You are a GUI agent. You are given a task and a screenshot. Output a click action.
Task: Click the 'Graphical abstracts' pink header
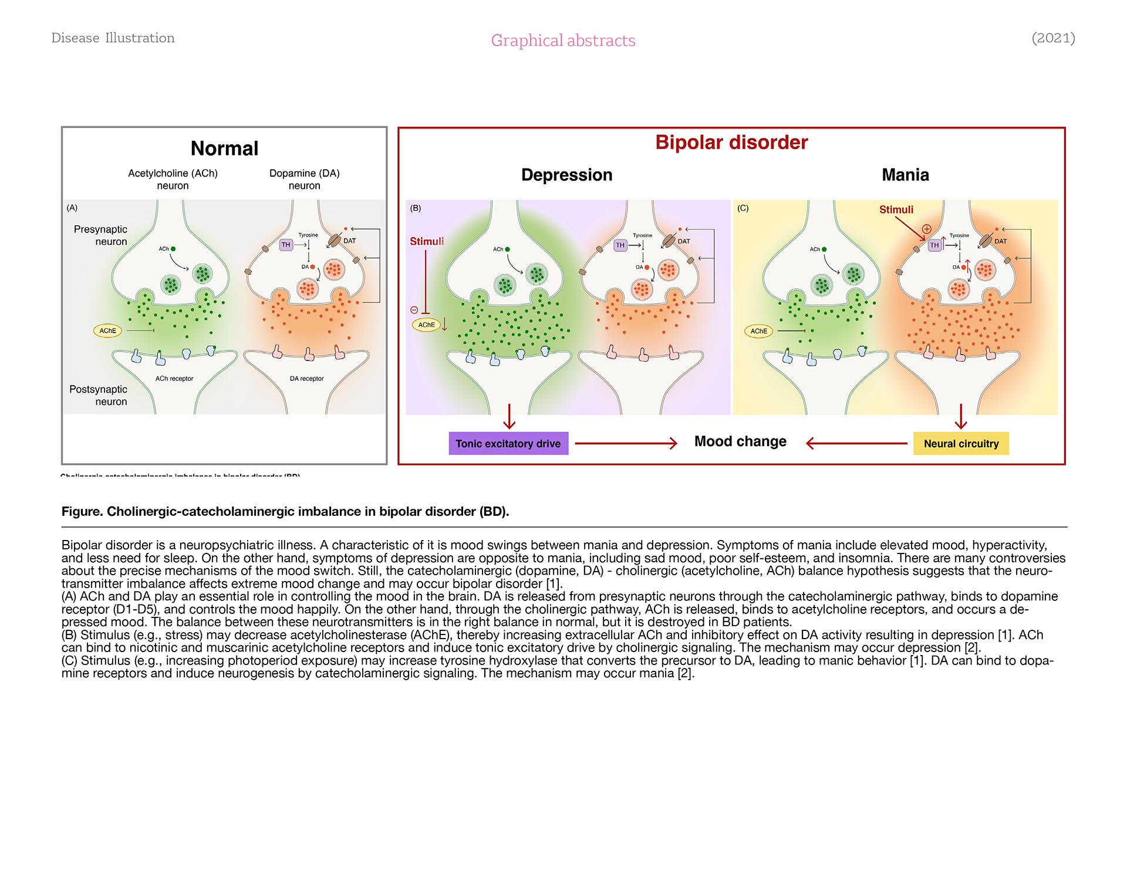coord(563,40)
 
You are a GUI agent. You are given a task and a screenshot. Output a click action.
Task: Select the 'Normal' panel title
coord(224,148)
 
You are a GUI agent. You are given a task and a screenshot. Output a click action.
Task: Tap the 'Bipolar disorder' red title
coord(731,143)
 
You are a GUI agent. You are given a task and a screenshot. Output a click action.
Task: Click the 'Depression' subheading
coord(566,175)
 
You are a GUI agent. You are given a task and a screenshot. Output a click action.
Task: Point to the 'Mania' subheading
coord(905,175)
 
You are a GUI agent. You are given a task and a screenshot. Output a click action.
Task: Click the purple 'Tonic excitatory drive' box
coord(508,444)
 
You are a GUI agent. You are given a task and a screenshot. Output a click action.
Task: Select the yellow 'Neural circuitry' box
coord(961,444)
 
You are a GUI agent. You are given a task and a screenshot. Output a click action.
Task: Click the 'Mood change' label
coord(740,441)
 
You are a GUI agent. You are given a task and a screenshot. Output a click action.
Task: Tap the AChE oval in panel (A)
coord(107,331)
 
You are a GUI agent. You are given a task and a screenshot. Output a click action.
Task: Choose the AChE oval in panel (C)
coord(758,331)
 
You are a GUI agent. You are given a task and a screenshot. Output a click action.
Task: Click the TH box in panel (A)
coord(286,245)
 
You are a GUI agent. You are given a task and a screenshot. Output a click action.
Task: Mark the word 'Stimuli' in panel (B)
coord(427,241)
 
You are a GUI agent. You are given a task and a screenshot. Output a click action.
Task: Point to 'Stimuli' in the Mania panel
coord(896,210)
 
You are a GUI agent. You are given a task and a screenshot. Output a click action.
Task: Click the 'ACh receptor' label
coord(174,379)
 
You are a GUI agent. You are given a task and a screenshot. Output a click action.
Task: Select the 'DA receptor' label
coord(306,379)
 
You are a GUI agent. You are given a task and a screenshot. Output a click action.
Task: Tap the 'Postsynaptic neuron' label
coord(98,395)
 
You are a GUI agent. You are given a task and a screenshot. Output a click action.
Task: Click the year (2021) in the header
coord(1053,38)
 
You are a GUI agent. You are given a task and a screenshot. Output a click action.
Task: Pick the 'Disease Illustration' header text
coord(113,38)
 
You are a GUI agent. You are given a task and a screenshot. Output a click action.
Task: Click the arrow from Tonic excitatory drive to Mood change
coord(626,444)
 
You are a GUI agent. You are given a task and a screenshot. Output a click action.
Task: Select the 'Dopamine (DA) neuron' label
coord(304,179)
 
